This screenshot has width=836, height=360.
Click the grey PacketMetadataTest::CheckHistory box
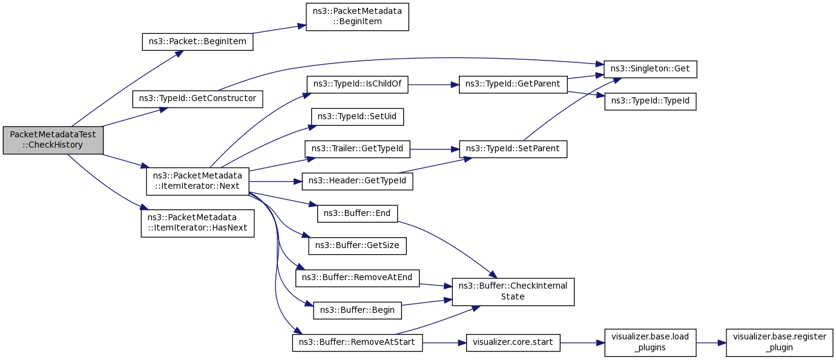coord(53,140)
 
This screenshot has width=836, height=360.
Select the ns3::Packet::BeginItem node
coord(197,42)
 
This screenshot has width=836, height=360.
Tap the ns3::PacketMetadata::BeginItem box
coord(357,17)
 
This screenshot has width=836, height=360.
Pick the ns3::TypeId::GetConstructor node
coord(197,99)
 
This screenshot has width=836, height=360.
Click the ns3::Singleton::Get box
coord(650,69)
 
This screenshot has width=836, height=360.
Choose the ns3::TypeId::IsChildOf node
coord(357,85)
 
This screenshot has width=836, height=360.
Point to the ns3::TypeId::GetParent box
coord(513,85)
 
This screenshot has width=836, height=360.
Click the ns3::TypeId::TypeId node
coord(650,102)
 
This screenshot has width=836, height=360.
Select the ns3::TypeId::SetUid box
coord(357,117)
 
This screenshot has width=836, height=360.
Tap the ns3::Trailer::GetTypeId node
coord(357,149)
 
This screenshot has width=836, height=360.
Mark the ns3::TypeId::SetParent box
coord(513,149)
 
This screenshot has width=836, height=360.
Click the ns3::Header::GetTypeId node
coord(357,182)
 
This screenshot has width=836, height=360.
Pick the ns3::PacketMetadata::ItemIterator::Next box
coord(197,182)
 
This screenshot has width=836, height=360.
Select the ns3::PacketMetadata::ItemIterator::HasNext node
coord(197,223)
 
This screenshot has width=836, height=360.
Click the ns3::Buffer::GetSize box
coord(357,246)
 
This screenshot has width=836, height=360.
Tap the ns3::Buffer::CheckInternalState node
coord(513,292)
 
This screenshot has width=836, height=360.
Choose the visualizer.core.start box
coord(513,342)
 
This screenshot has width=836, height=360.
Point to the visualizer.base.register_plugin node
coord(779,342)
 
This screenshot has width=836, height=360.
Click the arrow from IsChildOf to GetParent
coord(433,85)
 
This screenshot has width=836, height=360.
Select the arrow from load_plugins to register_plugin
coord(711,342)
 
